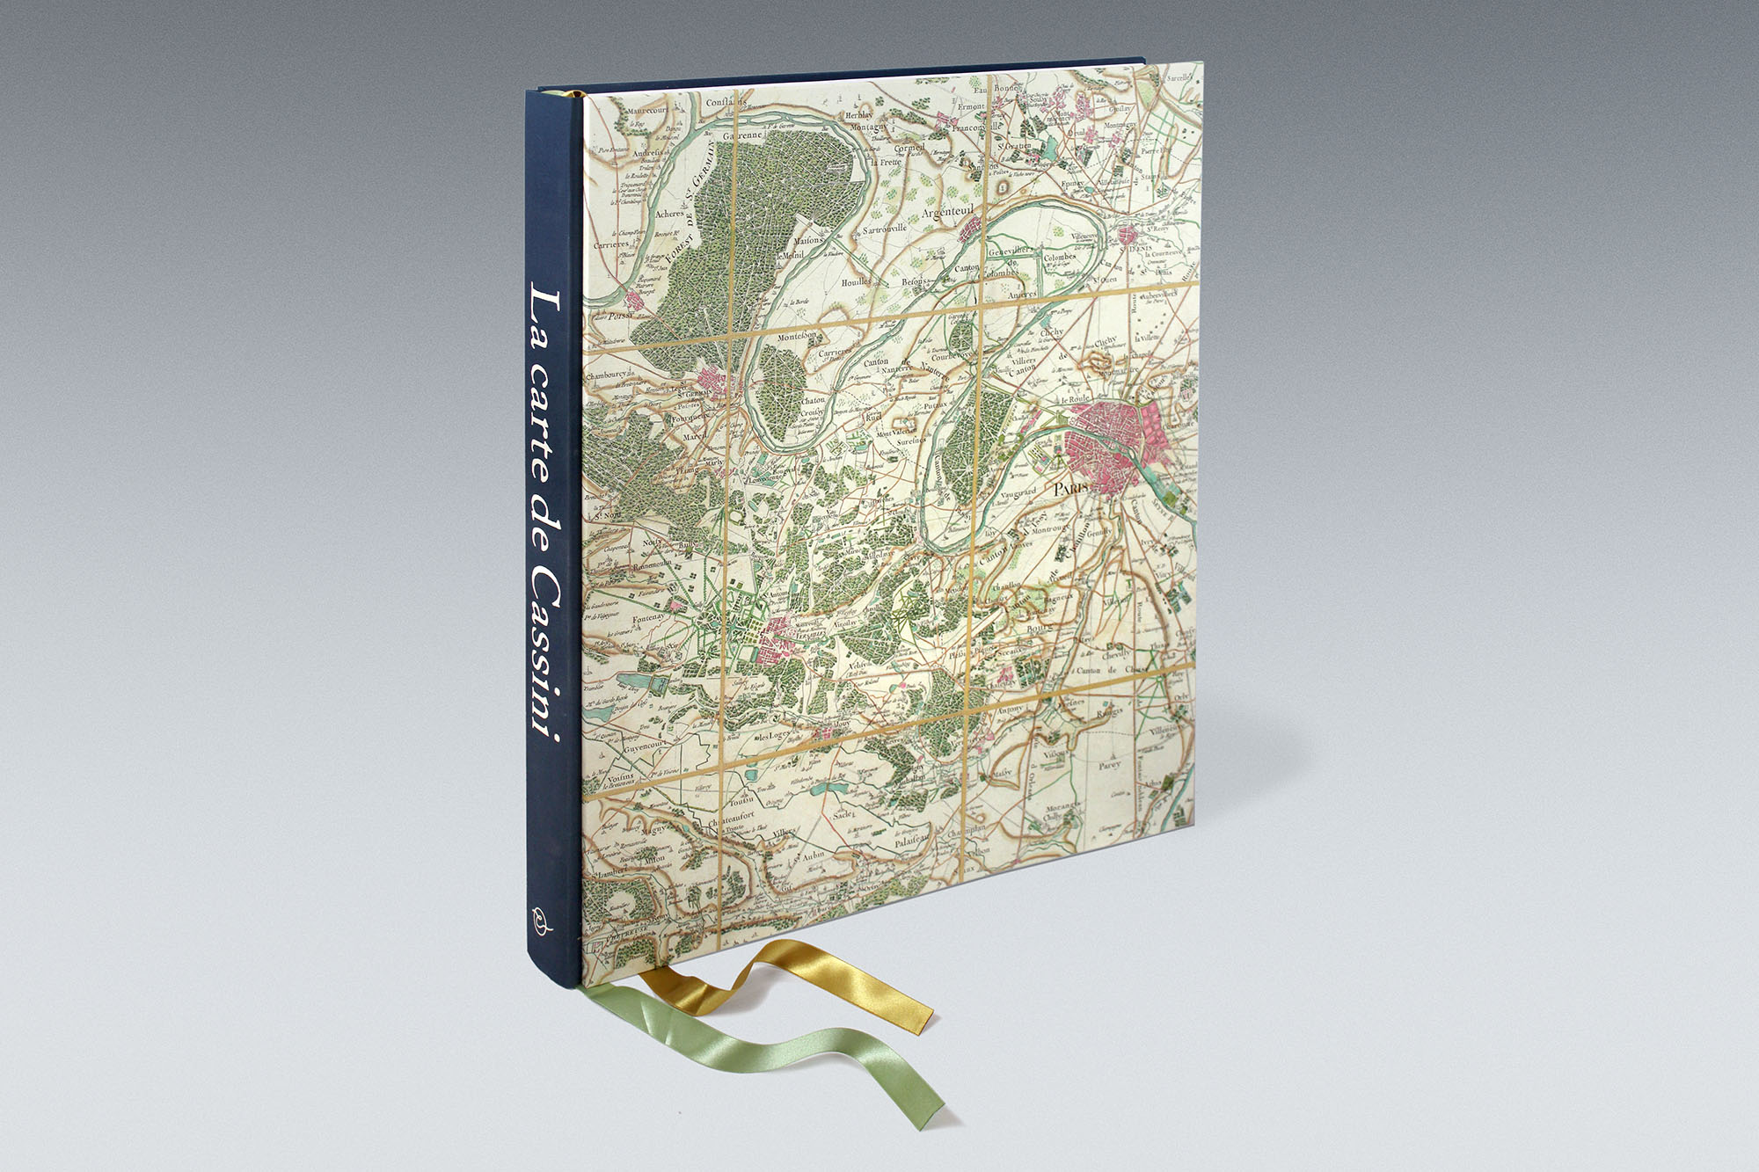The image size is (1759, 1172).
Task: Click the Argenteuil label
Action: pos(952,213)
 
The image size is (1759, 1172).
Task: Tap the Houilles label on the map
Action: pos(855,281)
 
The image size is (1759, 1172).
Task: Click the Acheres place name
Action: pos(670,214)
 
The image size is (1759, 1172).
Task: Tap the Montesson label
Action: pos(798,336)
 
